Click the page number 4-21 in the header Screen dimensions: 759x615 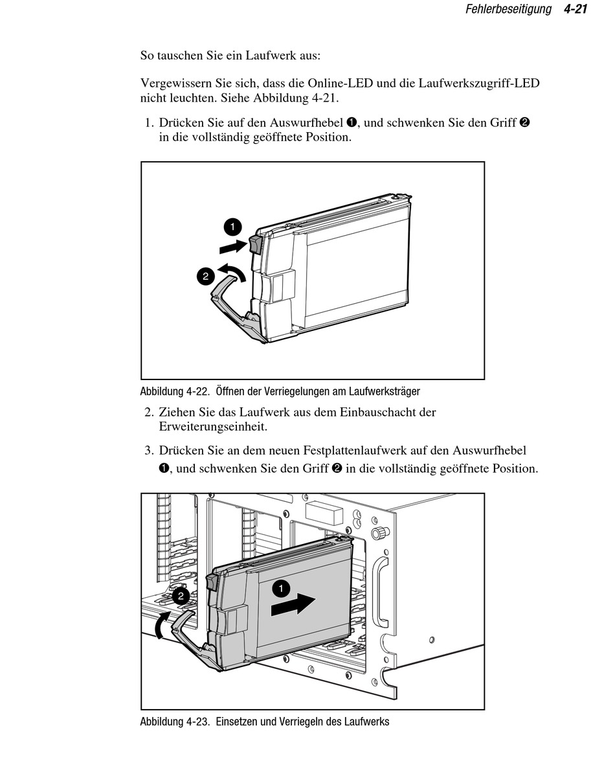[x=576, y=10]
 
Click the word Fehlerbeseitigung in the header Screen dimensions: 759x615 [x=508, y=10]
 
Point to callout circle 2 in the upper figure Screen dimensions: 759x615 [x=205, y=277]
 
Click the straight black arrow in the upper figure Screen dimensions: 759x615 [x=233, y=246]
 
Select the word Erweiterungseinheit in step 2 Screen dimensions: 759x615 [x=213, y=427]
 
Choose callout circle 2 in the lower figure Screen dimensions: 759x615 [x=181, y=596]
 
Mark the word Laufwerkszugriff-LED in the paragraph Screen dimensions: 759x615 [x=479, y=84]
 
